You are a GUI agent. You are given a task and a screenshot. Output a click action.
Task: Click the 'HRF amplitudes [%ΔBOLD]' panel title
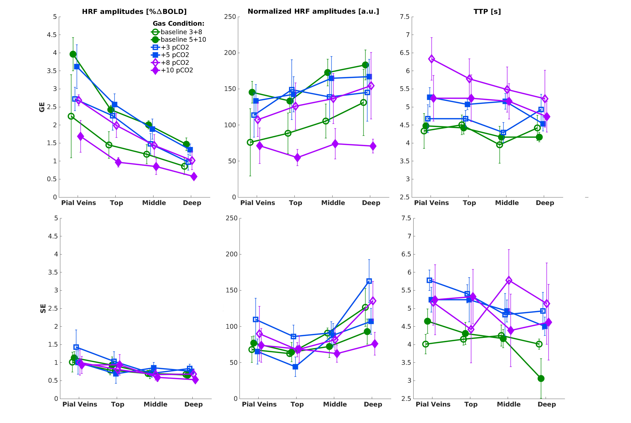pyautogui.click(x=134, y=12)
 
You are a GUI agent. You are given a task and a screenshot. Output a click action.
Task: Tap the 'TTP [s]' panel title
pyautogui.click(x=487, y=12)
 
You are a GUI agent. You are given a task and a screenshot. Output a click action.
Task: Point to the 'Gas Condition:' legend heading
pyautogui.click(x=178, y=23)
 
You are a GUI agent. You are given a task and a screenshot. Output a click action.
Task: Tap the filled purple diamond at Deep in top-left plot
pyautogui.click(x=194, y=177)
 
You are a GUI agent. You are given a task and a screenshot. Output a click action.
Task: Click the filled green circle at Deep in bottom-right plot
pyautogui.click(x=541, y=378)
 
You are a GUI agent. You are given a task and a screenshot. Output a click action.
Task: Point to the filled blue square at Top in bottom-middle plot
pyautogui.click(x=295, y=367)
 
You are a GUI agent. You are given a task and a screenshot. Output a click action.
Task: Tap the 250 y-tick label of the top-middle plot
pyautogui.click(x=230, y=17)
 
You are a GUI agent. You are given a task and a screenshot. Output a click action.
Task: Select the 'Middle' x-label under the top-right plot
pyautogui.click(x=507, y=203)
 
